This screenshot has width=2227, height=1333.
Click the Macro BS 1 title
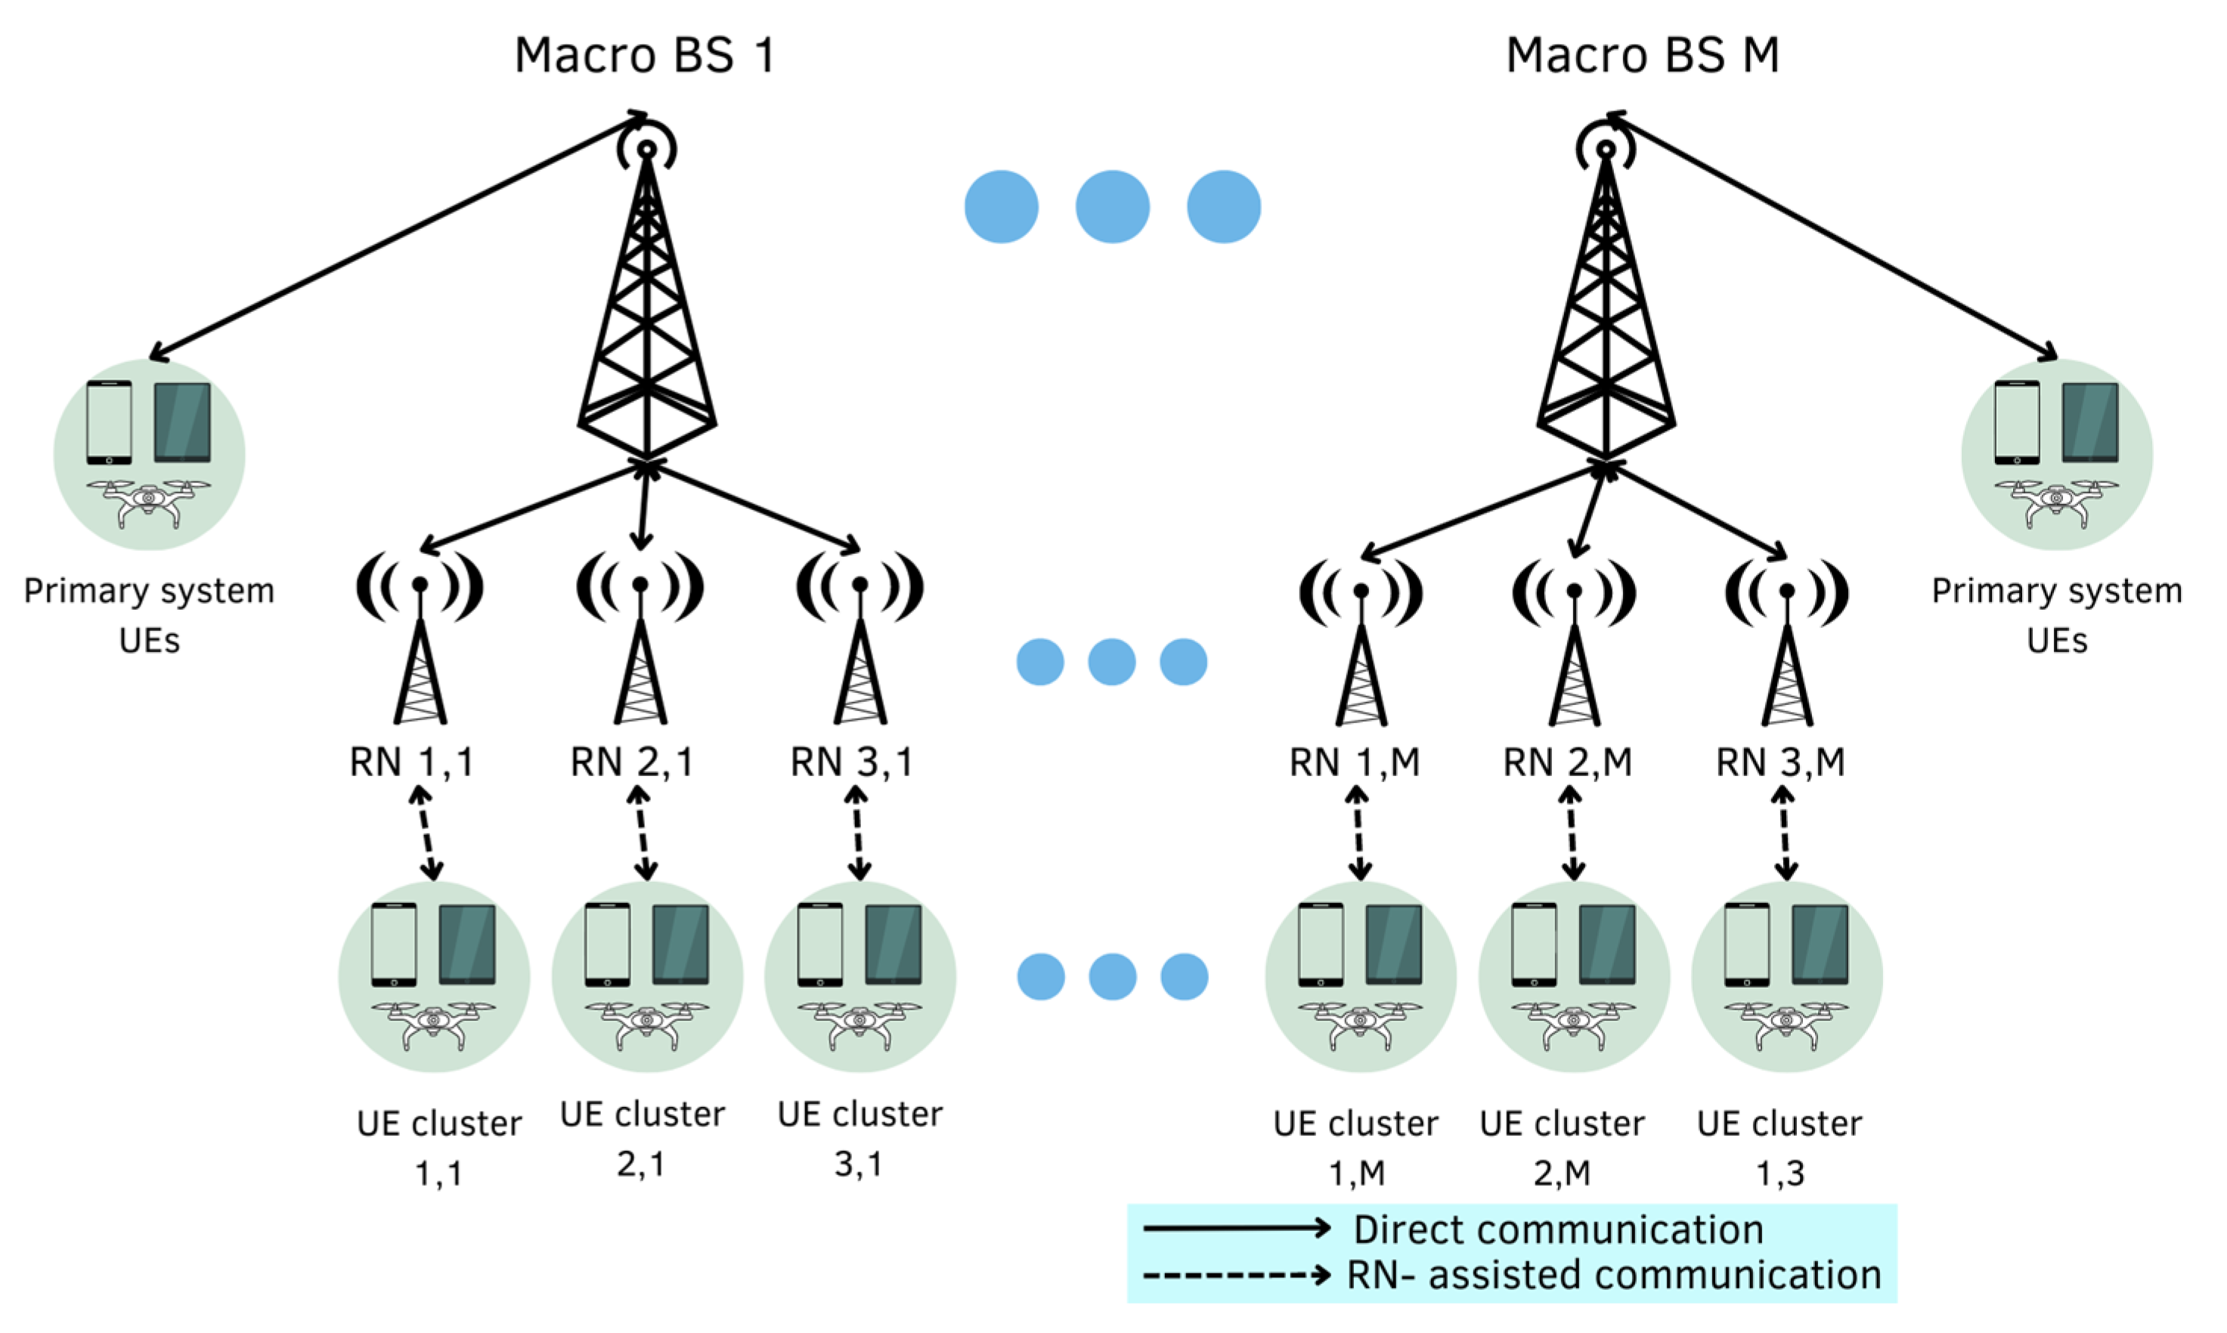(x=644, y=56)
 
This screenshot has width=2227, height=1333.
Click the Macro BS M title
(x=1641, y=56)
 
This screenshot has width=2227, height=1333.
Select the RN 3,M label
(x=1779, y=762)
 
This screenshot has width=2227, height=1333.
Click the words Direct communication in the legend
(x=1558, y=1229)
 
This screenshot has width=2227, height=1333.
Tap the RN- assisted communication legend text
(x=1613, y=1275)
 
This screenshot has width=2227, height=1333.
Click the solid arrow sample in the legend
(x=1235, y=1228)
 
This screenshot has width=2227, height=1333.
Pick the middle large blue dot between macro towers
(x=1112, y=206)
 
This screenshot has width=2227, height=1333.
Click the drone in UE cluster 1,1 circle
(x=433, y=1024)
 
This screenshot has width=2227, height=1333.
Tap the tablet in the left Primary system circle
(x=182, y=422)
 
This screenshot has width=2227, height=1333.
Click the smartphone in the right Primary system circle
(x=2016, y=422)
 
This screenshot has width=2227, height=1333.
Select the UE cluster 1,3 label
(x=1779, y=1147)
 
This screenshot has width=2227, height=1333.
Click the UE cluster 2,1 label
(x=642, y=1138)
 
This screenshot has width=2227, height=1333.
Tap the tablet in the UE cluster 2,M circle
(x=1606, y=945)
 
